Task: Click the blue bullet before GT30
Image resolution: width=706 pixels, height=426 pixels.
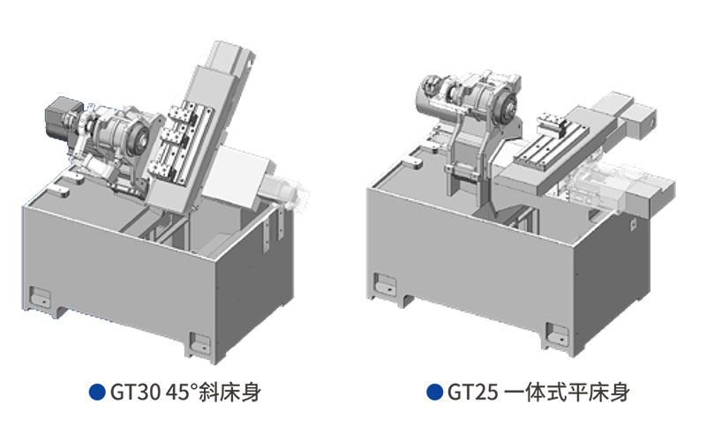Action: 97,392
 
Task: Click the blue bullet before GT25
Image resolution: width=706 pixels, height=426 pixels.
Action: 434,392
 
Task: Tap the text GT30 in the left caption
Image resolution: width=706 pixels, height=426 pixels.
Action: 135,392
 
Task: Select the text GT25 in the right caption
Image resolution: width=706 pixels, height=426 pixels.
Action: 472,392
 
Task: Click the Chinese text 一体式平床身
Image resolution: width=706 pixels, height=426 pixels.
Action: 567,392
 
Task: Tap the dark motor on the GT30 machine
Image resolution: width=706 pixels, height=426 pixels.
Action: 62,117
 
